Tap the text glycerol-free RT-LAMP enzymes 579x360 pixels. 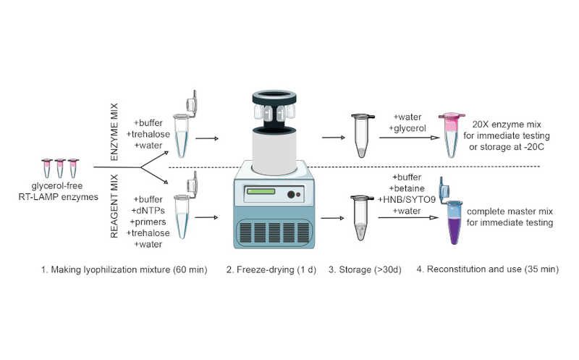[x=60, y=192]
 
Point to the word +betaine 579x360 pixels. [x=407, y=189]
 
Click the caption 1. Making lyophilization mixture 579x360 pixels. [x=125, y=269]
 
